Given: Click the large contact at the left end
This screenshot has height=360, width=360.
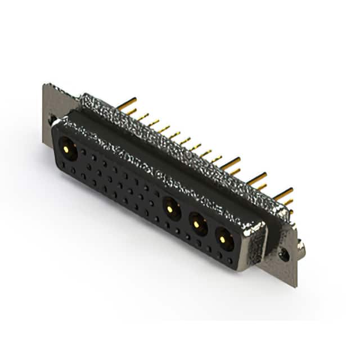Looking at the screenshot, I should (68, 150).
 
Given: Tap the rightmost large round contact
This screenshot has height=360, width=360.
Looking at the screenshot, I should (224, 239).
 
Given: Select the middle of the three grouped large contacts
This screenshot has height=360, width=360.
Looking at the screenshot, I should (197, 224).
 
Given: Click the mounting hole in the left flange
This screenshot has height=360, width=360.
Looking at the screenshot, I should (52, 120).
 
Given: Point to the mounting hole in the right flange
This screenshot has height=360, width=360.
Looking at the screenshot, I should (285, 254).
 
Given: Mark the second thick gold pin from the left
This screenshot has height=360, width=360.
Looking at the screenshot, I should (230, 164).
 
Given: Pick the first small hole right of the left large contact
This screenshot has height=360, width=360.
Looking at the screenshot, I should (84, 152).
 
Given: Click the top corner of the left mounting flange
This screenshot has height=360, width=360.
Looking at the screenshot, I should (45, 85).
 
